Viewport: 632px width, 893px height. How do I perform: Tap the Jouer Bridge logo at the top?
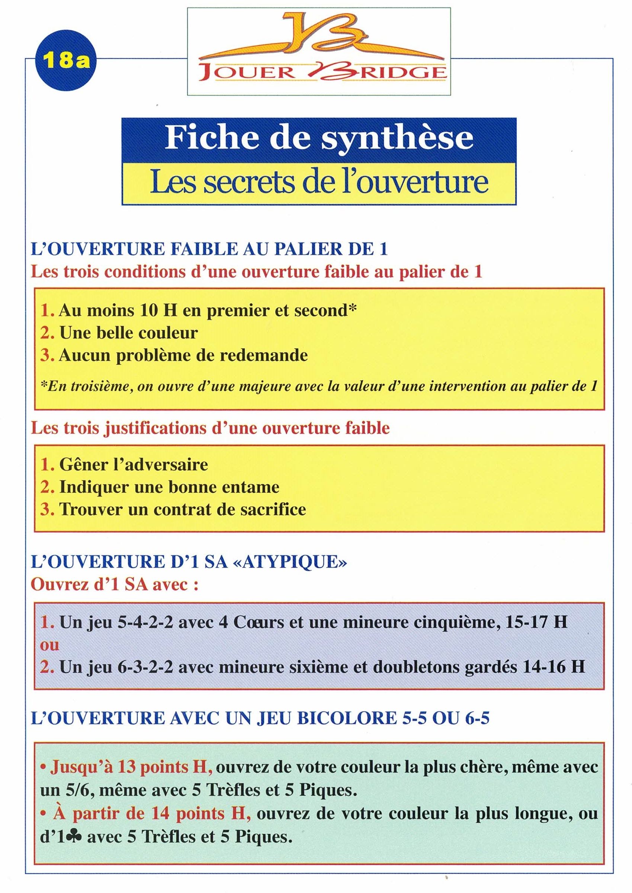pos(319,51)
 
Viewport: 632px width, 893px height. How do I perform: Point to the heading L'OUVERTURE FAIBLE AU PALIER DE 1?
pos(209,249)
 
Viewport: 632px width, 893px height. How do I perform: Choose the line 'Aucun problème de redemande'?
pos(183,355)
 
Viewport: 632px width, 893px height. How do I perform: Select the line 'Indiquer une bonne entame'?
pos(169,487)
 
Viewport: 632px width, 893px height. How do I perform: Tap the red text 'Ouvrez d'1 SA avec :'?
pos(115,584)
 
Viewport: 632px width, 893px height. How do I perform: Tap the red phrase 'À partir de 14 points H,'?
pos(152,812)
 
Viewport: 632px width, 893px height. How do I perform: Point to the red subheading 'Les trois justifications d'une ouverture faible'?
pos(210,428)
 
